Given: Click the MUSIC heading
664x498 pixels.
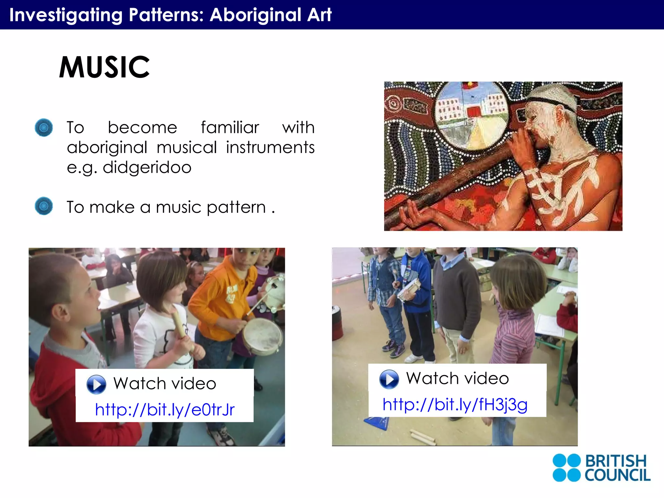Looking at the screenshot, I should [x=104, y=67].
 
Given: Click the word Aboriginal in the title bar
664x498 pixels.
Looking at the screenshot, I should [x=255, y=15].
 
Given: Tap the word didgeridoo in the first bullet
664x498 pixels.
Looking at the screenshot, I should [x=147, y=168].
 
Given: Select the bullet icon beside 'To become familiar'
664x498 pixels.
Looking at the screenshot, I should [x=44, y=127].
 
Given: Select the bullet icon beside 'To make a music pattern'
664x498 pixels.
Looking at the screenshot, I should [x=44, y=206].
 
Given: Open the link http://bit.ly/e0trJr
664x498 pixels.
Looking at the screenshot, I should [x=165, y=409].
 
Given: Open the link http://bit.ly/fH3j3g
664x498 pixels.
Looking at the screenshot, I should [x=455, y=404].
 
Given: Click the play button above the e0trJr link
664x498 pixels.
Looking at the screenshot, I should [x=96, y=384].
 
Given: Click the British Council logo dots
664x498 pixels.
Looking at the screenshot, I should [x=566, y=468].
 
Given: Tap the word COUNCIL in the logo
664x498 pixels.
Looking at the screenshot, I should [x=617, y=475].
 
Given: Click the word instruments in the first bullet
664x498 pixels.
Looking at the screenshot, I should [x=270, y=148].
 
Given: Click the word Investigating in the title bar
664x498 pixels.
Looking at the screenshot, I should [x=66, y=15].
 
